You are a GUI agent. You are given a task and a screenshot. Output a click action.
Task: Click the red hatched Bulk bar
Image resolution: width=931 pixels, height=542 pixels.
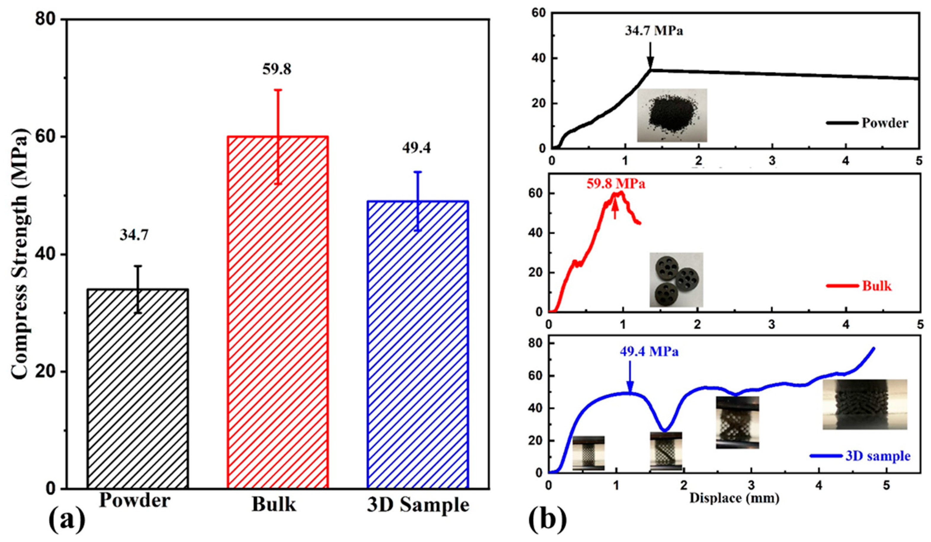coord(278,312)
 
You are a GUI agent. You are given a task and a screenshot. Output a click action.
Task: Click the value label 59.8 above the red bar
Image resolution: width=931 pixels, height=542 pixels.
coord(277,69)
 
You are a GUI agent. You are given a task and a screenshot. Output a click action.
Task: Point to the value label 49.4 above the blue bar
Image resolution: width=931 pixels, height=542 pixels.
coord(416,148)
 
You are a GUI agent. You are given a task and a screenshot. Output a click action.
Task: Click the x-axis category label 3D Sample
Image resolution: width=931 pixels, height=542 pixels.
coord(418,505)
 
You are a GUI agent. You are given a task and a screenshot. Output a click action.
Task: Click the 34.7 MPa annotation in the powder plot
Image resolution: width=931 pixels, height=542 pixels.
coord(654,31)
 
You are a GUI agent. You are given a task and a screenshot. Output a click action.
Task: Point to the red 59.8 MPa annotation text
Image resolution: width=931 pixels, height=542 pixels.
coord(616,184)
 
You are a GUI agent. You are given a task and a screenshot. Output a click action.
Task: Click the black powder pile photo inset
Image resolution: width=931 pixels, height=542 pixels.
coord(672,115)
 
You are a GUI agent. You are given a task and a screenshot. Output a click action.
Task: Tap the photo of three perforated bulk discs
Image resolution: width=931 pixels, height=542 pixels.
coord(676,280)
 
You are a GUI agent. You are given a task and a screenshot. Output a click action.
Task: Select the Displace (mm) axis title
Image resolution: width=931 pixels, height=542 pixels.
coord(735,498)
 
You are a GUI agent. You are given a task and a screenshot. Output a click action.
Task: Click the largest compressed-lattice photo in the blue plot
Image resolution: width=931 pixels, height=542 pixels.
coord(865,404)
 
